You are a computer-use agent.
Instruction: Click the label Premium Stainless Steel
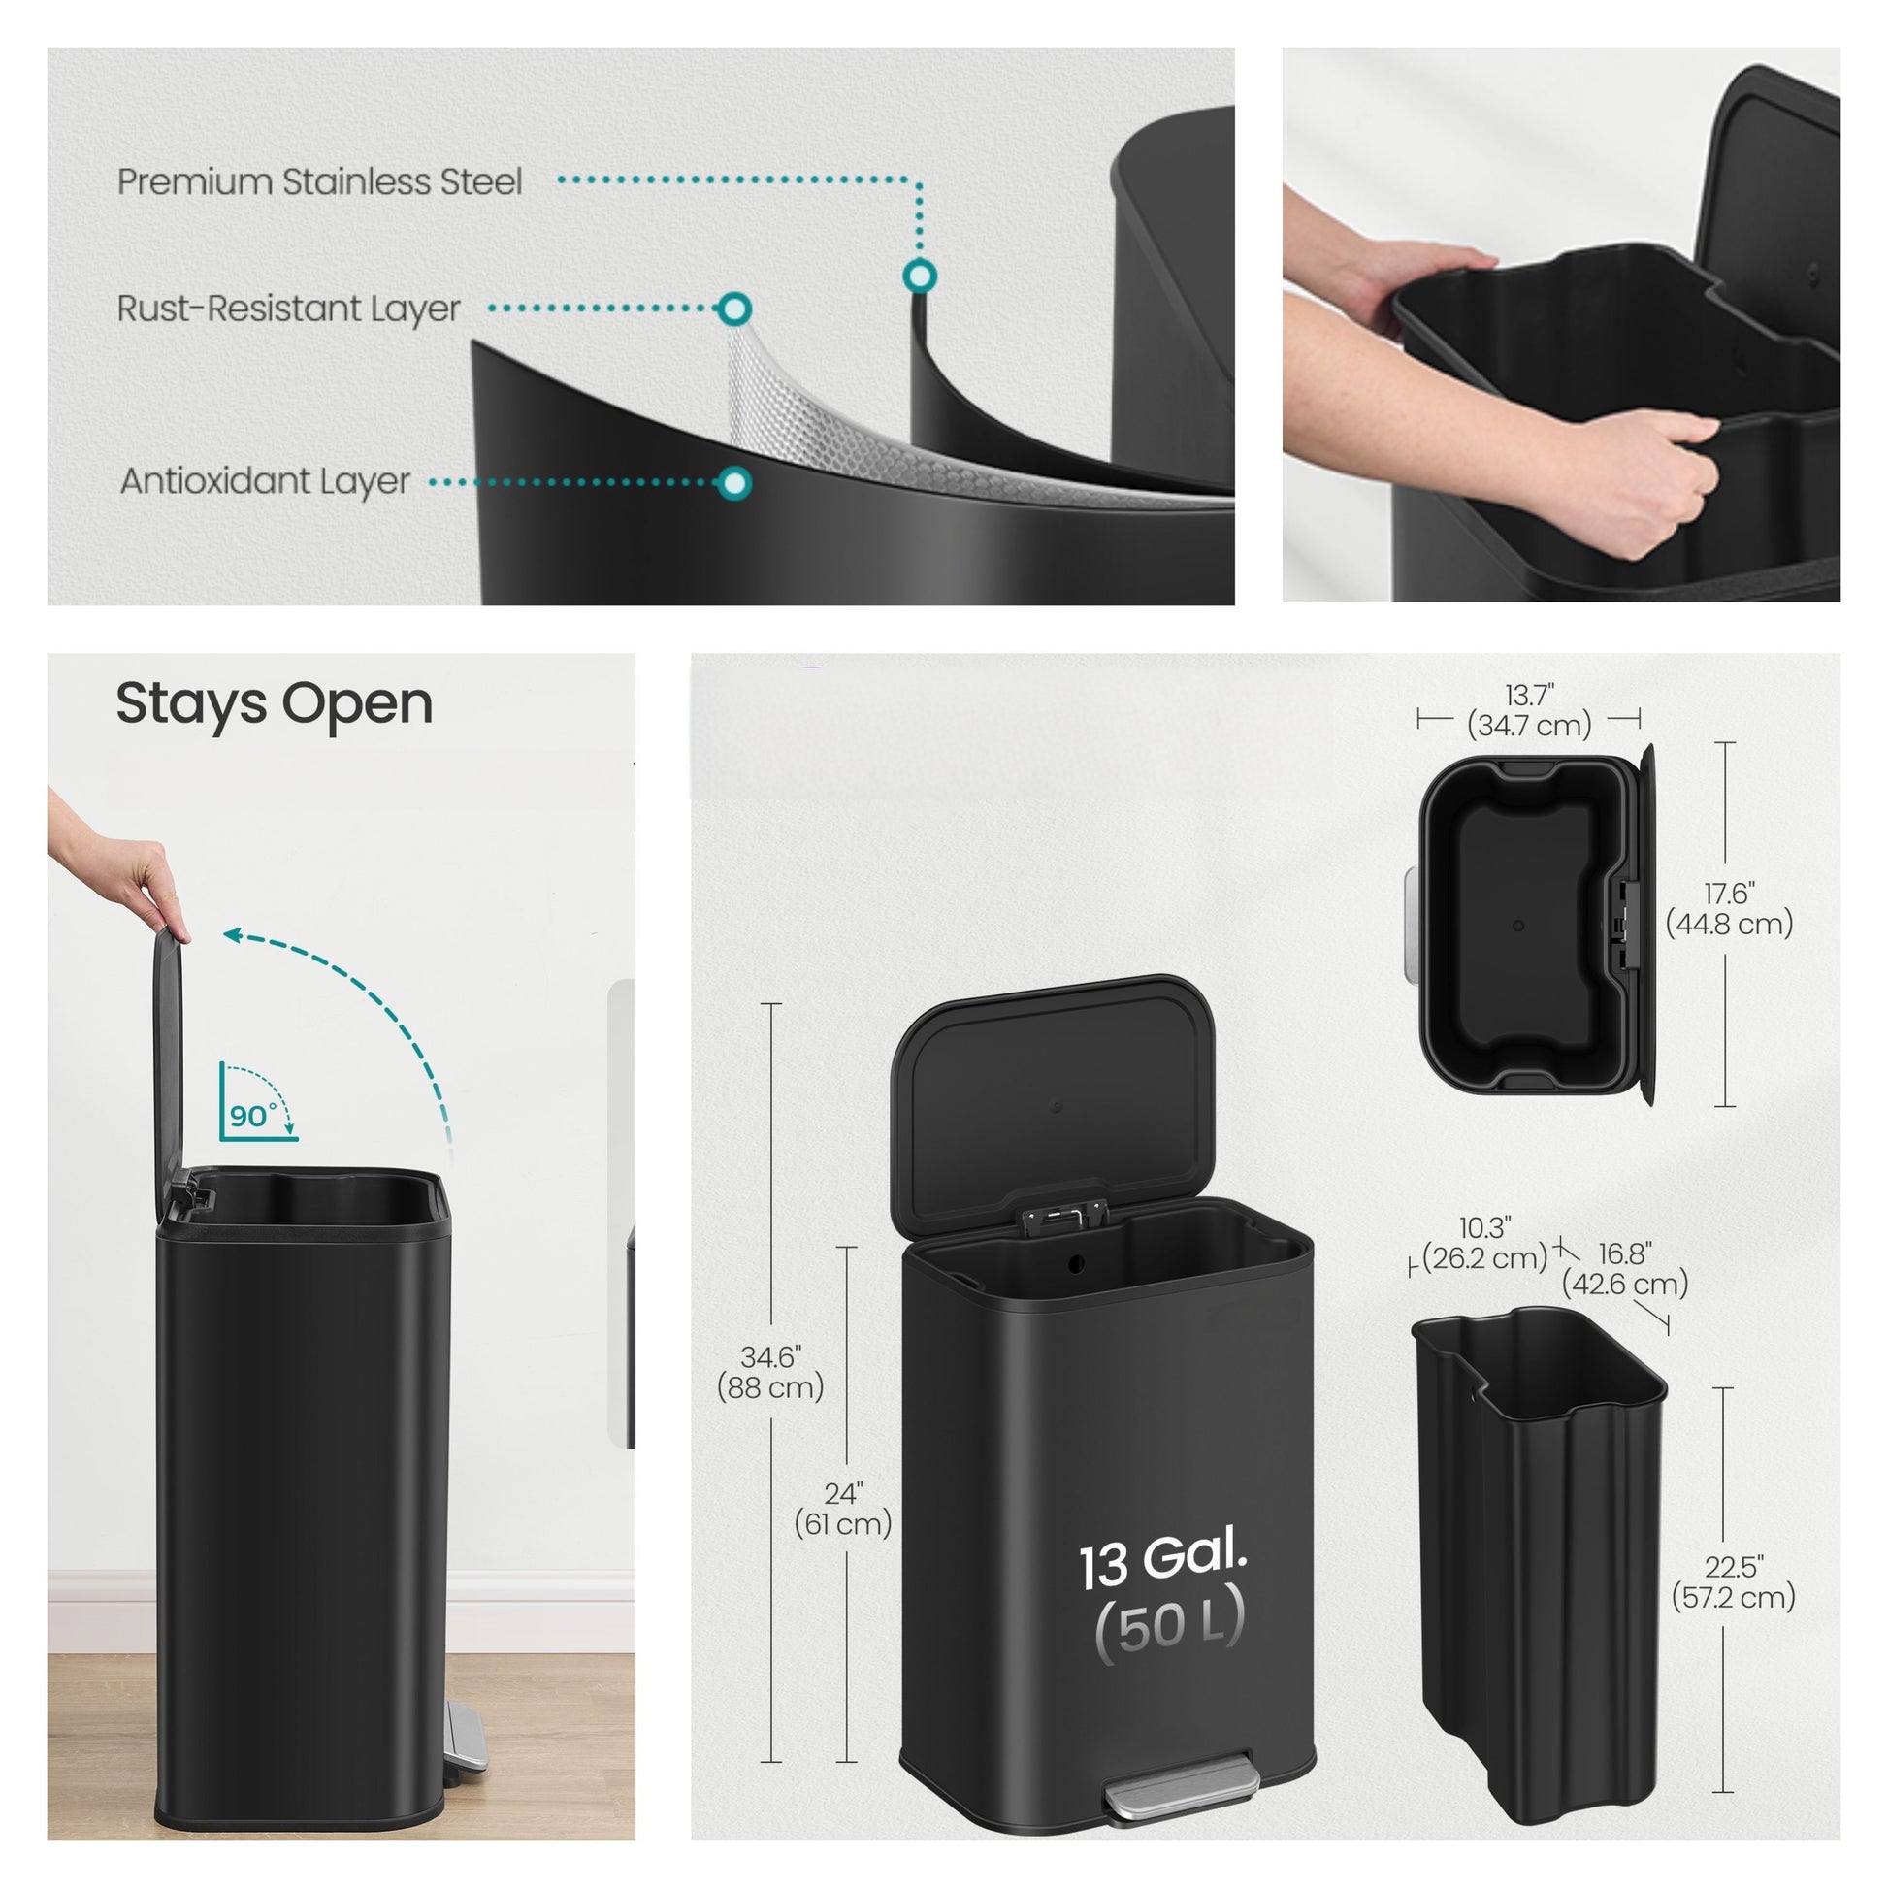coord(319,181)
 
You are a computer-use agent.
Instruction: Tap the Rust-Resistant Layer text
coord(288,309)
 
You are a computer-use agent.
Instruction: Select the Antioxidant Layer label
coord(265,482)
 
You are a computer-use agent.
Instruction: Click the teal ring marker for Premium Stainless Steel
coord(919,277)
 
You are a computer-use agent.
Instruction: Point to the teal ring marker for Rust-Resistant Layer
coord(734,309)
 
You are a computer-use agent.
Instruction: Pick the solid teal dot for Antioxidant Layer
coord(733,483)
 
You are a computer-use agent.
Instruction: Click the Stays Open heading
coord(274,704)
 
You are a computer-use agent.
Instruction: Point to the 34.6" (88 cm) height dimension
coord(770,1372)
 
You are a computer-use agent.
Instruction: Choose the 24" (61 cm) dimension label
coord(842,1509)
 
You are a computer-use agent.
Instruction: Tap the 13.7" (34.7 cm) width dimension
coord(1529,710)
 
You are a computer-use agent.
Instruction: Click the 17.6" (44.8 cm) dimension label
coord(1729,908)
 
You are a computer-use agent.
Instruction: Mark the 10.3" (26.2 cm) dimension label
coord(1485,1242)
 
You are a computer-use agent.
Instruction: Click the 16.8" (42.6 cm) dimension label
coord(1625,1267)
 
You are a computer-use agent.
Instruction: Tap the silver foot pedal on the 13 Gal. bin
coord(1181,1787)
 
